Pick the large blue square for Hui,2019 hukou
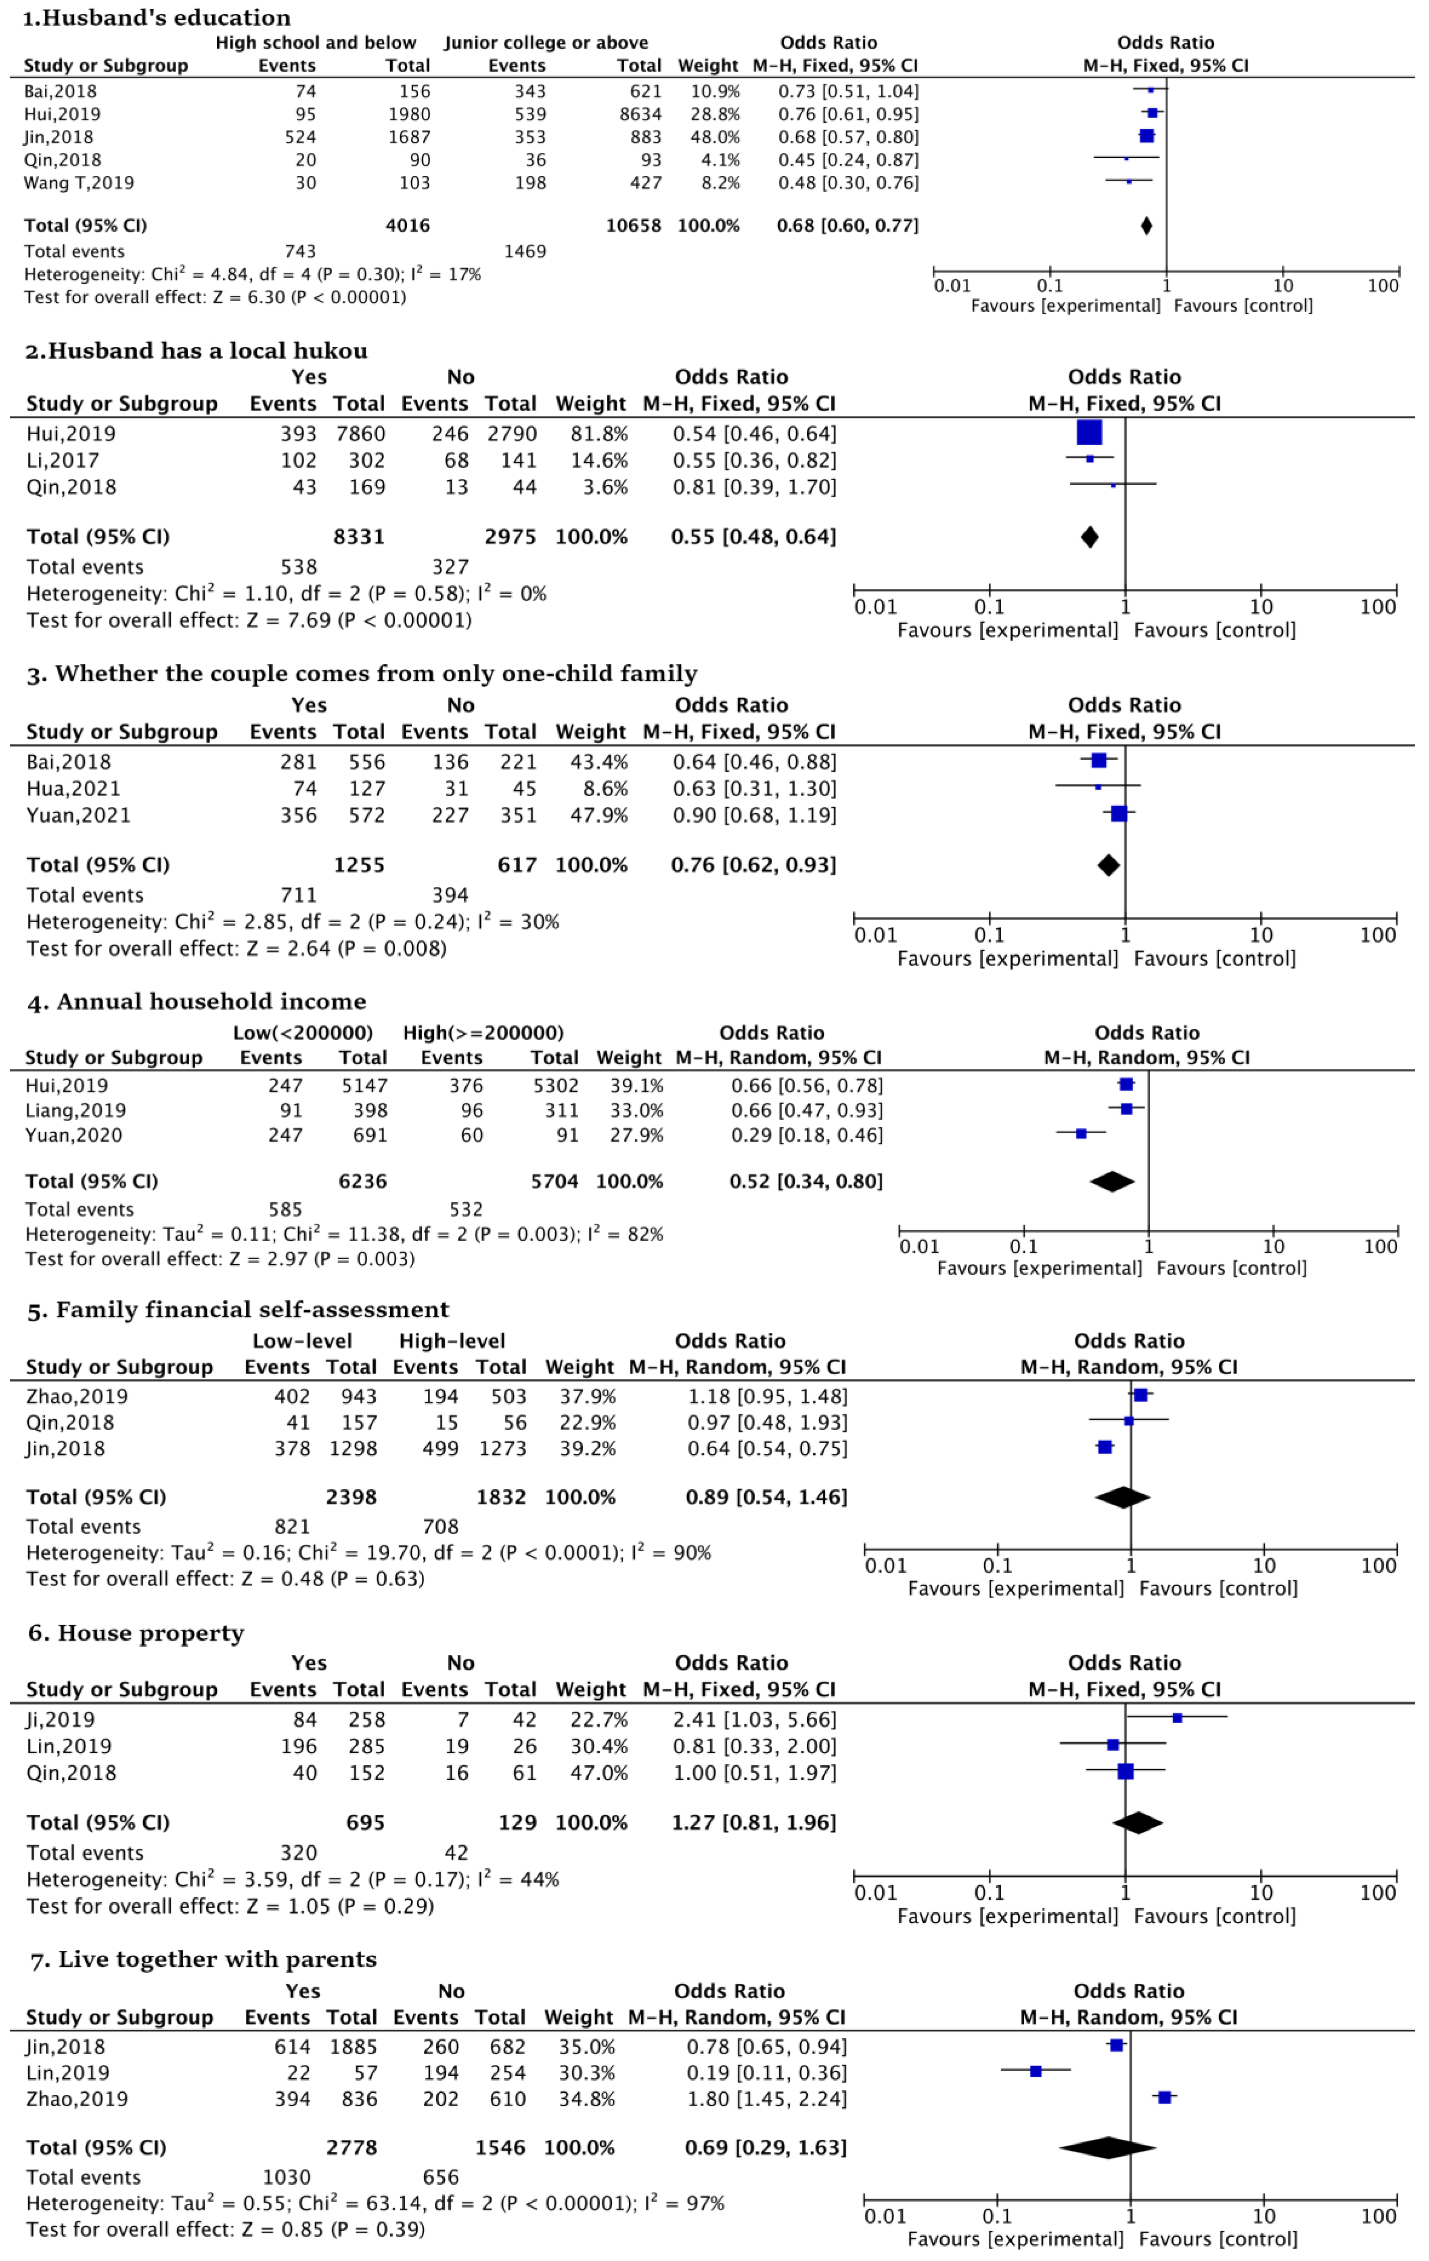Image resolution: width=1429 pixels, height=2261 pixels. point(1089,433)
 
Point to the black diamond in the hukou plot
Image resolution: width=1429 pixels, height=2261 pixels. point(1089,537)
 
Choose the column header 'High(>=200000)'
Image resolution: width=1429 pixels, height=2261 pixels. point(483,1033)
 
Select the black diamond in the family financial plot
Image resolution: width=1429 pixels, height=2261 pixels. point(1123,1498)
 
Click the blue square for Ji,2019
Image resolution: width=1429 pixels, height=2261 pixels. point(1177,1718)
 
